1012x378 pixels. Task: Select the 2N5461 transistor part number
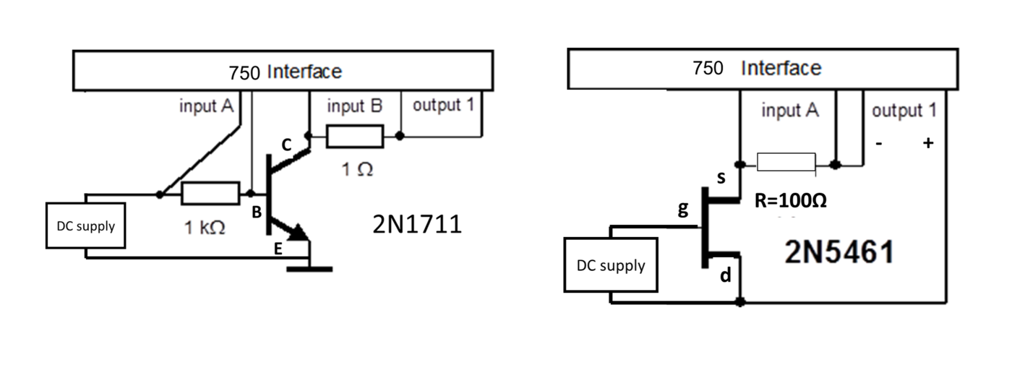[x=839, y=253]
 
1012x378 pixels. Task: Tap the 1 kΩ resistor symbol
[x=210, y=194]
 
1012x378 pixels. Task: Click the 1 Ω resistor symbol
[x=355, y=135]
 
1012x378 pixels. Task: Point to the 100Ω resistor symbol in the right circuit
[x=786, y=163]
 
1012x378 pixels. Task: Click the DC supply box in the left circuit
[x=85, y=225]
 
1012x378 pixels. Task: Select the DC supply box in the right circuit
[x=611, y=265]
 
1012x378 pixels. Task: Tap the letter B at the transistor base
[x=256, y=212]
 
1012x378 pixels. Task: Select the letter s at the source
[x=720, y=178]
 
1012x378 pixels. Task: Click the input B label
[x=354, y=106]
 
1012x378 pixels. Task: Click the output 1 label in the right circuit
[x=904, y=111]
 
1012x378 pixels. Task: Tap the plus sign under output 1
[x=927, y=143]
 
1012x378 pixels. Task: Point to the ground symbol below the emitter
[x=309, y=269]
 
